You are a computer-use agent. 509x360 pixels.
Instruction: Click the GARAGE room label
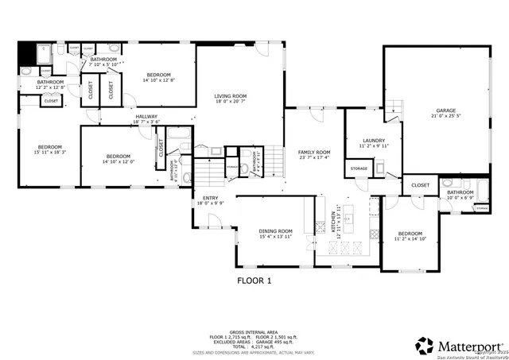pyautogui.click(x=445, y=110)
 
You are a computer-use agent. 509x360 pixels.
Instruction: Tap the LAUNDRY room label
pyautogui.click(x=373, y=140)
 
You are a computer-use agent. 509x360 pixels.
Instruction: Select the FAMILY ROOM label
pyautogui.click(x=313, y=152)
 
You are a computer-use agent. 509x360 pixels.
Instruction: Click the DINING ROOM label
pyautogui.click(x=276, y=230)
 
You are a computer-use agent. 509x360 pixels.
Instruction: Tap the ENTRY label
pyautogui.click(x=211, y=198)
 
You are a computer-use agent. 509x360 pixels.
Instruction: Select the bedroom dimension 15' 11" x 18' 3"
pyautogui.click(x=50, y=152)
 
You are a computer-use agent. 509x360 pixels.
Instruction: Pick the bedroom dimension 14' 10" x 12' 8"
pyautogui.click(x=159, y=80)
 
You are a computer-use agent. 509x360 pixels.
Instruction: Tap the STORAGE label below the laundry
pyautogui.click(x=358, y=168)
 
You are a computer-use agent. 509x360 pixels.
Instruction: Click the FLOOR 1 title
pyautogui.click(x=254, y=281)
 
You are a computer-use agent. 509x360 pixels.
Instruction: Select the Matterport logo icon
pyautogui.click(x=424, y=346)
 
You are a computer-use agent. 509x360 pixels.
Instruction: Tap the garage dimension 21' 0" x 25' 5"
pyautogui.click(x=445, y=115)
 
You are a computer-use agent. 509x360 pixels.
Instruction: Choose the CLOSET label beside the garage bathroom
pyautogui.click(x=420, y=185)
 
